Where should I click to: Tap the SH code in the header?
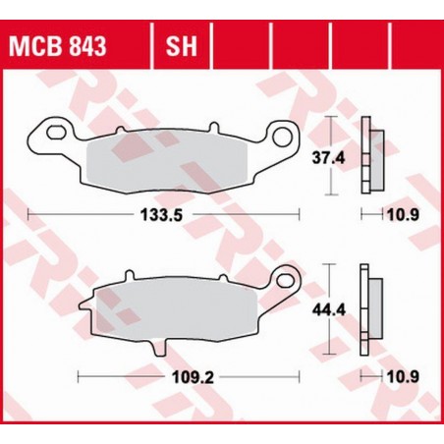176,47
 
